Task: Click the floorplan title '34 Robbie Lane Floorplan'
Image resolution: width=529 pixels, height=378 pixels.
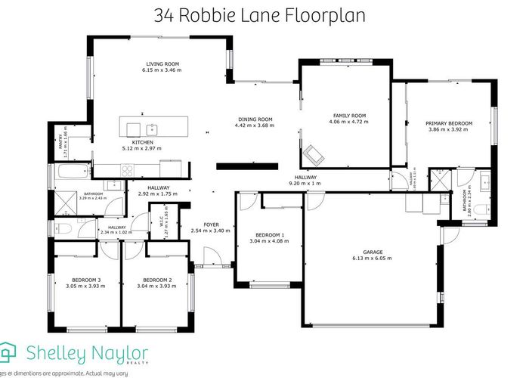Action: (x=264, y=15)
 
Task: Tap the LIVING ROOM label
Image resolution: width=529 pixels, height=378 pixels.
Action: (x=162, y=64)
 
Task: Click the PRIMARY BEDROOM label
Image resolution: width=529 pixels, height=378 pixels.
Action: (x=448, y=123)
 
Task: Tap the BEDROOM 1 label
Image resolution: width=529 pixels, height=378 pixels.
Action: (x=270, y=235)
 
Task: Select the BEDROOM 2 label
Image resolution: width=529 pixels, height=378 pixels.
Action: (x=158, y=279)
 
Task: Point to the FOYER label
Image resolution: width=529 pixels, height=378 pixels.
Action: (x=211, y=224)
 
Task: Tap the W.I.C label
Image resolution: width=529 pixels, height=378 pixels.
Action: (x=154, y=222)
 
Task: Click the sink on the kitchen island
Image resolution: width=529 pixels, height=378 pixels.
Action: (x=151, y=127)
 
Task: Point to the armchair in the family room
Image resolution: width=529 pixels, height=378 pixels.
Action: (x=313, y=156)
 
